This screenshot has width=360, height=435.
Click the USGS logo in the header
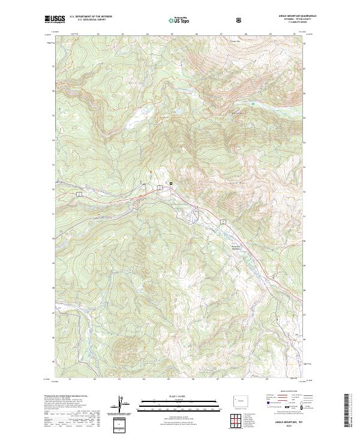[55, 19]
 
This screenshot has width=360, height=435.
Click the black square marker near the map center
[170, 183]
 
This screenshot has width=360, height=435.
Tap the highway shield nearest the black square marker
[160, 188]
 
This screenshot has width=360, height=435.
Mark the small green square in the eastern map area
[253, 104]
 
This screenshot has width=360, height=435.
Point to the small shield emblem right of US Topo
[240, 20]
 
